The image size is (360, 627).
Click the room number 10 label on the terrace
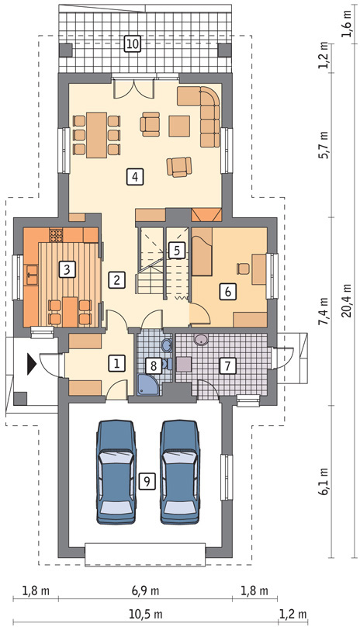click(133, 43)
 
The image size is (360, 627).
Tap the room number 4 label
click(136, 176)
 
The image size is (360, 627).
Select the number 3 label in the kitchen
click(67, 269)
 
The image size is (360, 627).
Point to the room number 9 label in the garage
click(147, 481)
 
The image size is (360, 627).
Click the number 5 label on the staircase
click(177, 251)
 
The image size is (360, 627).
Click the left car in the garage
click(116, 472)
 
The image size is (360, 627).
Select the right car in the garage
click(180, 472)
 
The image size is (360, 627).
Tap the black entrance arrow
click(32, 364)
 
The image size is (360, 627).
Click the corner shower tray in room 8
click(147, 385)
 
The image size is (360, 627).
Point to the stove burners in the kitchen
click(56, 235)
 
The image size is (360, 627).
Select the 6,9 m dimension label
click(145, 591)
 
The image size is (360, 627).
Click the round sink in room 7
click(200, 340)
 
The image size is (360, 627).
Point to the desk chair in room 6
click(243, 268)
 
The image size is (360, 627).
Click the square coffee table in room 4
click(179, 126)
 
